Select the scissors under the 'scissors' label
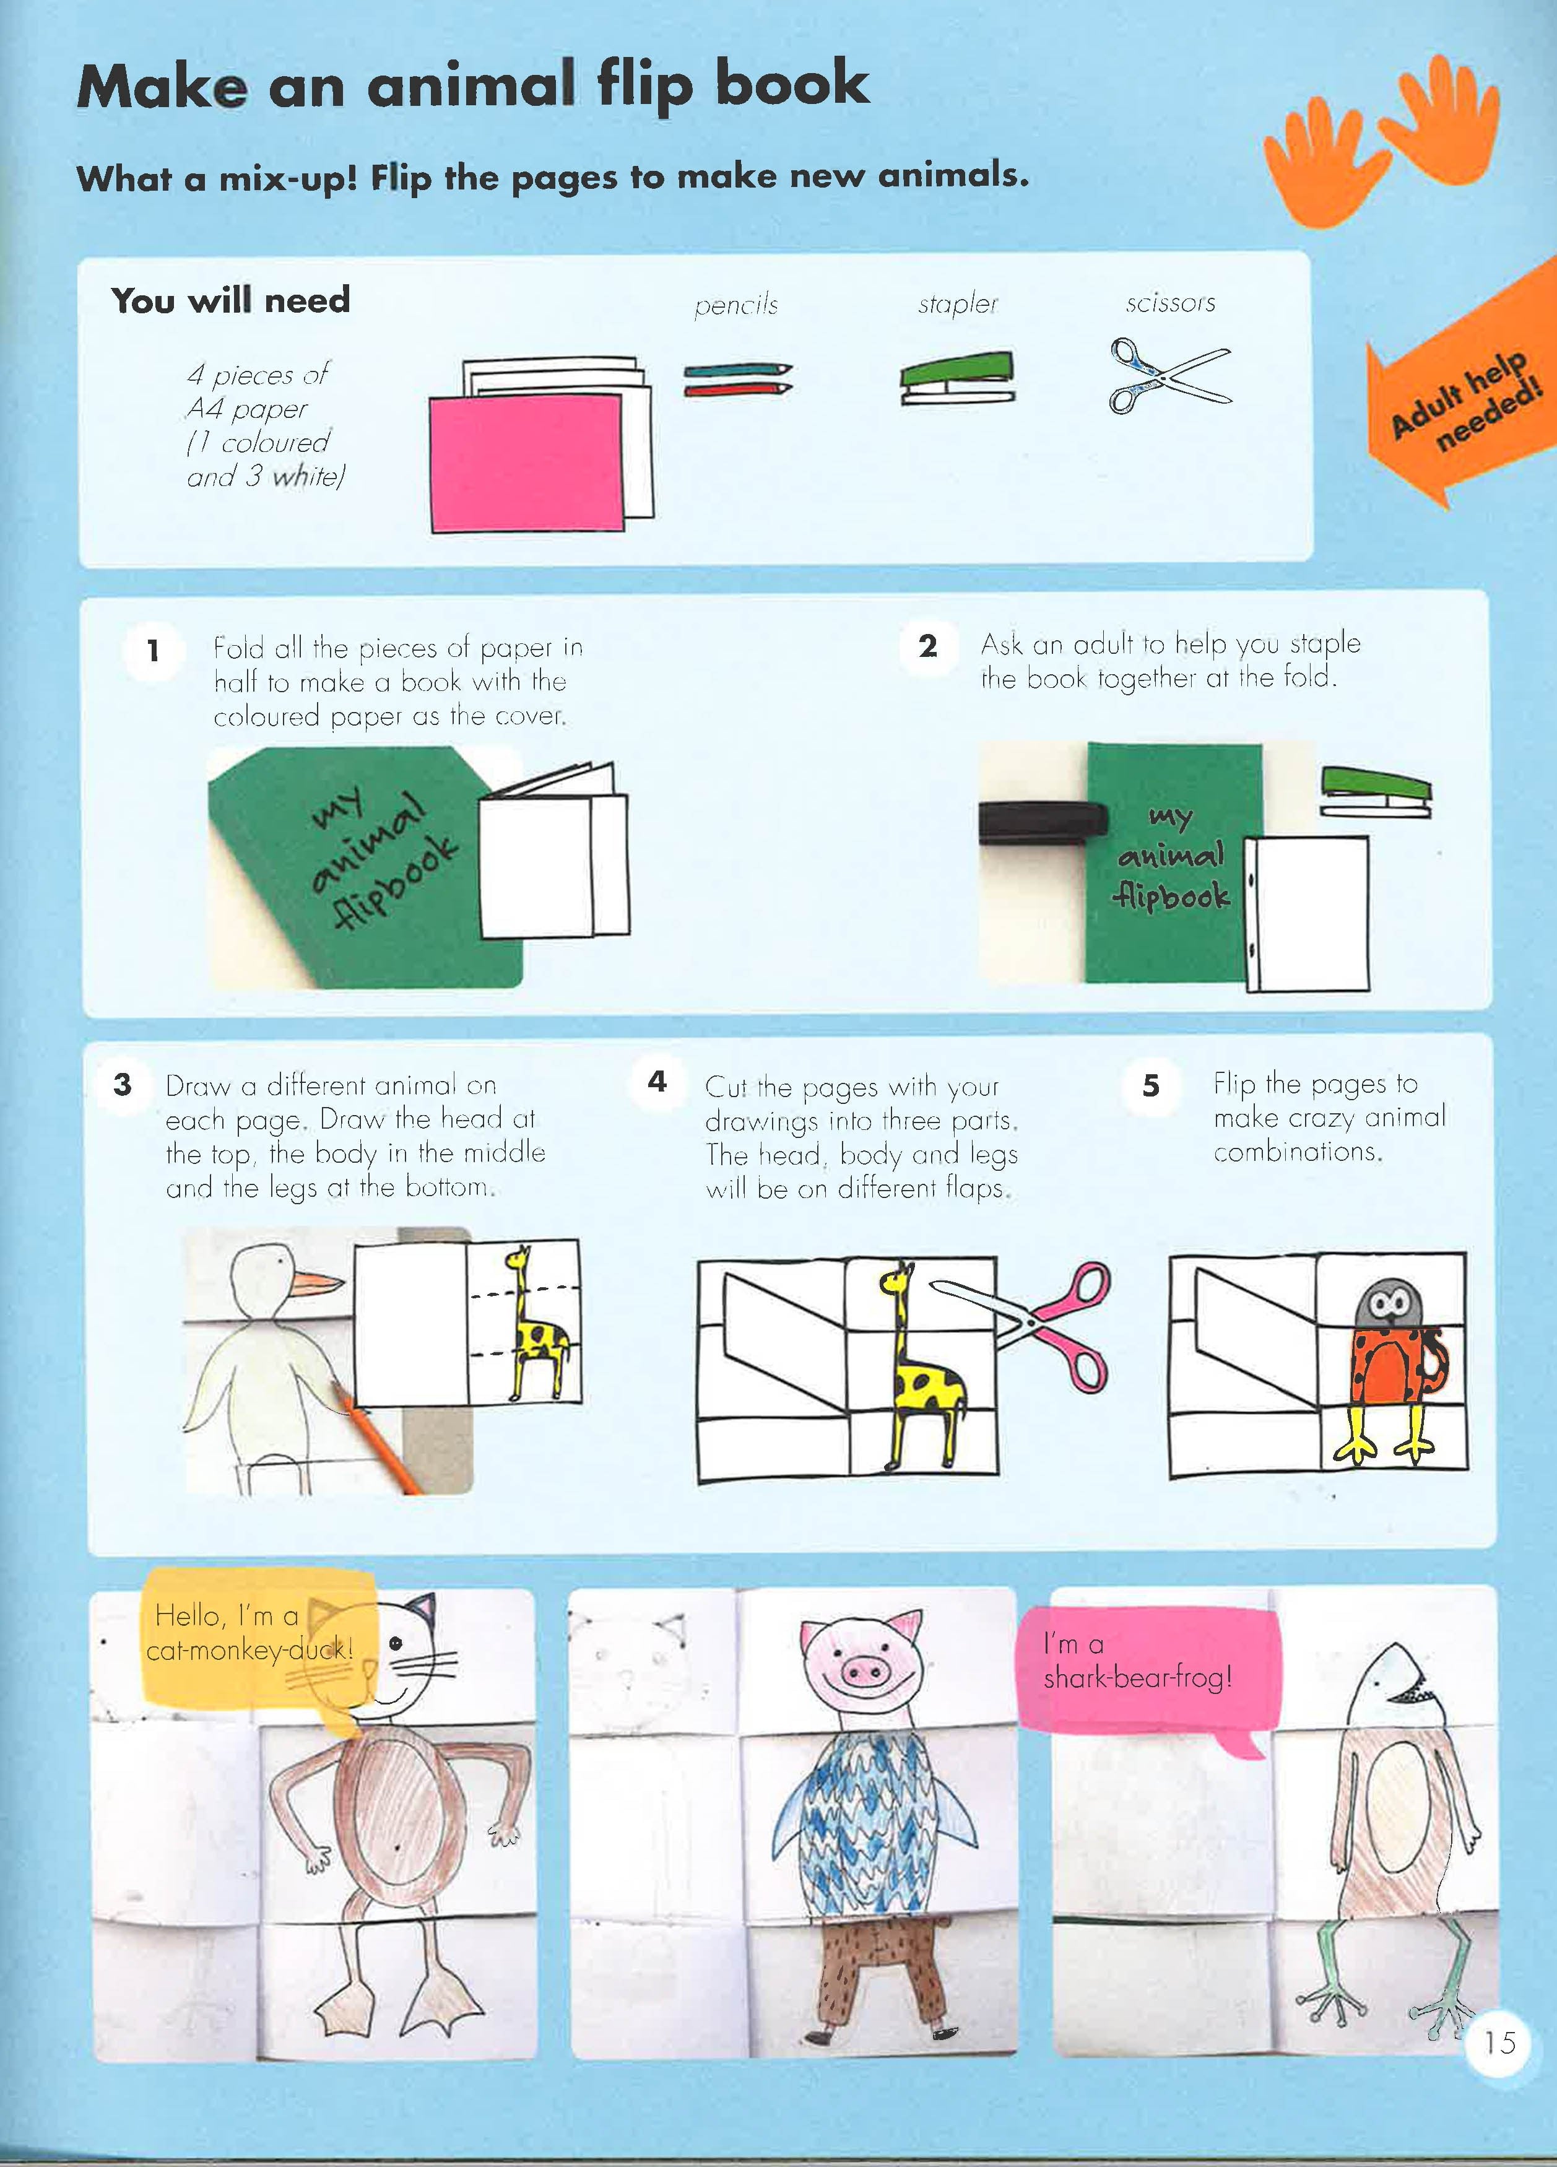coord(1169,375)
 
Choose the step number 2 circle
coord(927,647)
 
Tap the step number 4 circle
coord(657,1082)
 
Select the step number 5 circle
coord(1151,1085)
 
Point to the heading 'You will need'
coord(231,300)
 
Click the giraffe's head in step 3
coord(518,1257)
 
